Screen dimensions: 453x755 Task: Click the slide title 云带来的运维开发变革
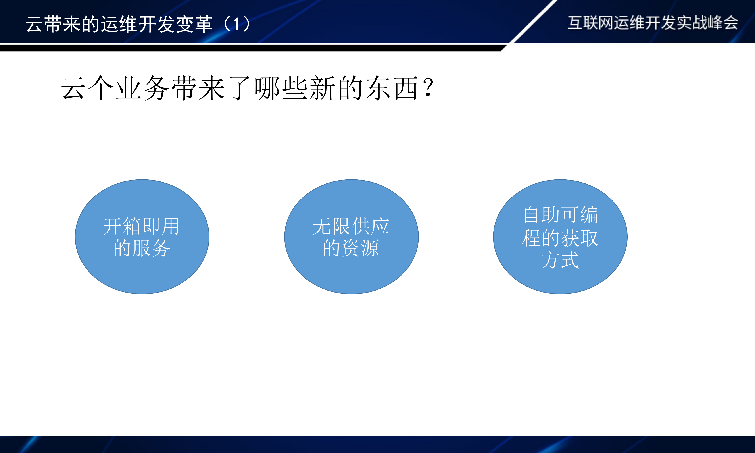coord(119,24)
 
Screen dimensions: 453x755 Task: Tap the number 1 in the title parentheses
coord(236,24)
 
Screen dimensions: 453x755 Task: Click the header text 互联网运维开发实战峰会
coord(653,23)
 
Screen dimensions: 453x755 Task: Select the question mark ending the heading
coord(428,88)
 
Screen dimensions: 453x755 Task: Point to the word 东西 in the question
coord(392,88)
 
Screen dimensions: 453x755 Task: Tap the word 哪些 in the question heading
coord(281,88)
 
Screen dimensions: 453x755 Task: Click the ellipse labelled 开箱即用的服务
coord(142,275)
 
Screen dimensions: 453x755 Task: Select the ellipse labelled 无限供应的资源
coord(352,275)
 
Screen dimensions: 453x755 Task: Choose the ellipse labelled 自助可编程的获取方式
coord(560,281)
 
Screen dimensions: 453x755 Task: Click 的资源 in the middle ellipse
coord(351,248)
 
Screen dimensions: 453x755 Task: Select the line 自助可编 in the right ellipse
coord(561,215)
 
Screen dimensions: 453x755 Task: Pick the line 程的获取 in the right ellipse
coord(560,238)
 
